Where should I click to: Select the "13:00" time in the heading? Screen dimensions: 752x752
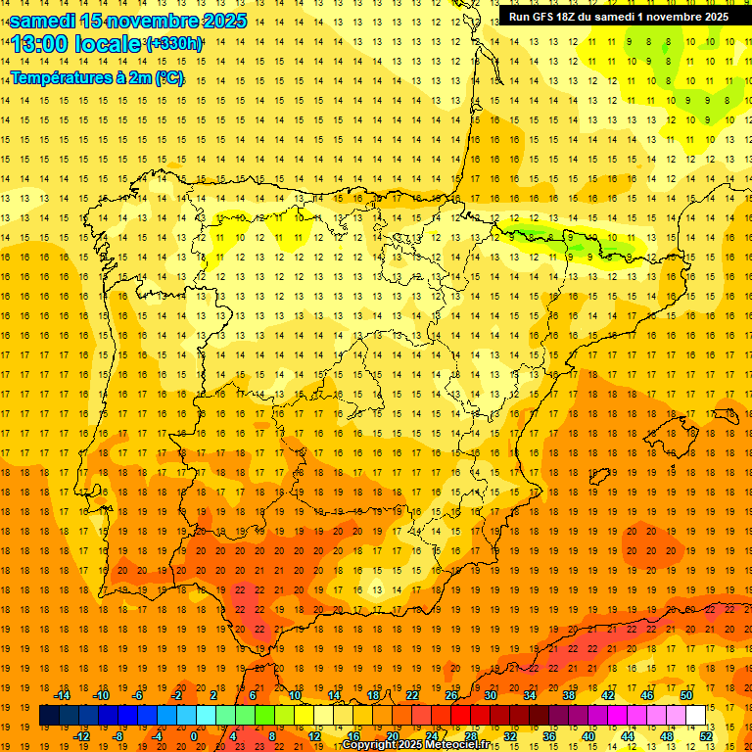[40, 44]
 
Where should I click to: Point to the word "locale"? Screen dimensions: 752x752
[108, 44]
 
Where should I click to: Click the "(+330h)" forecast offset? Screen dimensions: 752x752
[174, 44]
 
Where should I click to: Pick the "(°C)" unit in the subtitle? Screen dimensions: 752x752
[167, 77]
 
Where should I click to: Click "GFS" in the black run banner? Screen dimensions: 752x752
[543, 17]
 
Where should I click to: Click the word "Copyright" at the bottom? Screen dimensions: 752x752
[369, 745]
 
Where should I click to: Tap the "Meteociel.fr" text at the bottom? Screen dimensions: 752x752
[462, 745]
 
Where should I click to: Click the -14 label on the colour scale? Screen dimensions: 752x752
[63, 695]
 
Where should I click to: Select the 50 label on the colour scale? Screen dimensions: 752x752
[685, 695]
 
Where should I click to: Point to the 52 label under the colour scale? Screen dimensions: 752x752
[706, 736]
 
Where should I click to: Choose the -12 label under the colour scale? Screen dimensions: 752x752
[81, 736]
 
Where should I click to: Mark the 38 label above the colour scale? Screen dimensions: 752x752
[568, 695]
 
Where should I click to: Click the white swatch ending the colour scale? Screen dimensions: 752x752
[695, 716]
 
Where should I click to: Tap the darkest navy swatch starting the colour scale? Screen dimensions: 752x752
[49, 716]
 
